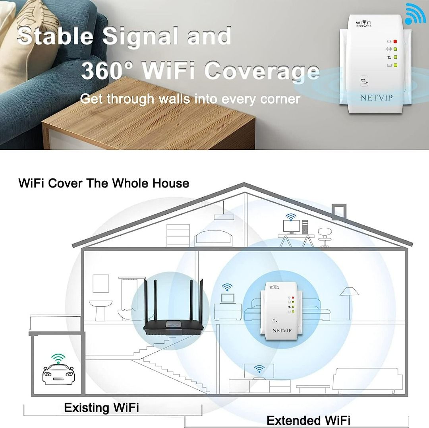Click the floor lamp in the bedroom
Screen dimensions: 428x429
point(349,302)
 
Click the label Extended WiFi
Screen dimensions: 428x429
point(308,420)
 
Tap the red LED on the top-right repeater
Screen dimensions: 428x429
point(395,41)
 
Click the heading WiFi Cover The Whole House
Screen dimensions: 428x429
point(104,183)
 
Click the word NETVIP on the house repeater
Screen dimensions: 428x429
point(282,330)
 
